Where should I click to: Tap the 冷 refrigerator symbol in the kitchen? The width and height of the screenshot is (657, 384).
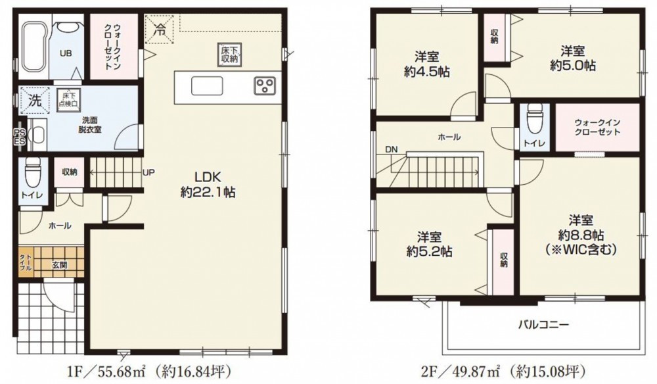[x=159, y=29]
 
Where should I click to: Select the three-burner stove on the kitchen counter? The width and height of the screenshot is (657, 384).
[x=264, y=85]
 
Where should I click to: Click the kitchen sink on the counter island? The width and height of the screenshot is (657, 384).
[x=207, y=86]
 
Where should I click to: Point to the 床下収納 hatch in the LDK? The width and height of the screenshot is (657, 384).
[x=229, y=55]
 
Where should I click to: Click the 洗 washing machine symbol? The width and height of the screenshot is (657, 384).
[x=35, y=100]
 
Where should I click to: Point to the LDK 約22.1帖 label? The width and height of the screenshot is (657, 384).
[x=208, y=185]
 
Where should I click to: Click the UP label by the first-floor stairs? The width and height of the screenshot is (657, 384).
[x=148, y=172]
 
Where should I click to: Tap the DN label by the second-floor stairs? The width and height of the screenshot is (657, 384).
[x=392, y=149]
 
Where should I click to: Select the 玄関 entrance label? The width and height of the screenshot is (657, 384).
[x=60, y=265]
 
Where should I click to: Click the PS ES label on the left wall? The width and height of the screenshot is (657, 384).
[x=20, y=137]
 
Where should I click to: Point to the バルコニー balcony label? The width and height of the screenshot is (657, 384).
[x=543, y=324]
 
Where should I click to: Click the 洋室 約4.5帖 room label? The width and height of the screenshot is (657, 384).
[x=427, y=64]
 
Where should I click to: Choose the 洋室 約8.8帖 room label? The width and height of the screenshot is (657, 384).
[x=581, y=235]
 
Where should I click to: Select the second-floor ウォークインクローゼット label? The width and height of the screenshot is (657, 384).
[x=597, y=128]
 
